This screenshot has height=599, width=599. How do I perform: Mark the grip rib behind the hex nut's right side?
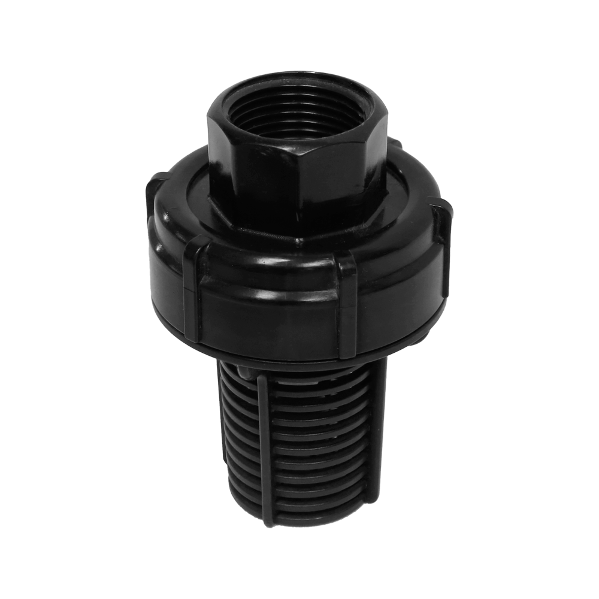tap(395, 144)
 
